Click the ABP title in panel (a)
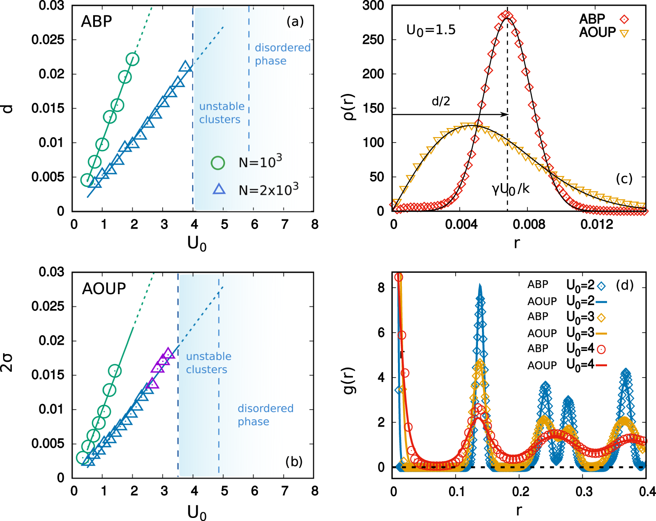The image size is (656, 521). pyautogui.click(x=97, y=21)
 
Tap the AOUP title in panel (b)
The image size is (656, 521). pyautogui.click(x=104, y=288)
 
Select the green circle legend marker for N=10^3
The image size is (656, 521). pyautogui.click(x=218, y=163)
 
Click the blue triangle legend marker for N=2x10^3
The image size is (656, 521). pyautogui.click(x=219, y=189)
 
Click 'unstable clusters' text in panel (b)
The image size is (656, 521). pyautogui.click(x=208, y=363)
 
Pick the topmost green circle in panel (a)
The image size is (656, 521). pyautogui.click(x=133, y=59)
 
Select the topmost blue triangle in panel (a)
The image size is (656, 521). pyautogui.click(x=185, y=67)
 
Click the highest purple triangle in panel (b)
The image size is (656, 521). pyautogui.click(x=168, y=354)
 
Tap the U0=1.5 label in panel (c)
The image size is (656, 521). pyautogui.click(x=431, y=30)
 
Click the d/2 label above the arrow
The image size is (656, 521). pyautogui.click(x=440, y=101)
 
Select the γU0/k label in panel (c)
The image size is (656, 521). pyautogui.click(x=510, y=189)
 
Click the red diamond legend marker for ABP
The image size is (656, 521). pyautogui.click(x=624, y=19)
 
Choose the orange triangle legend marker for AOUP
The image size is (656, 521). pyautogui.click(x=624, y=33)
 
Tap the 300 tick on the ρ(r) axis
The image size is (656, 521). pyautogui.click(x=373, y=6)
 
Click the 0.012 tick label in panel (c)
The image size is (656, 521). pyautogui.click(x=597, y=225)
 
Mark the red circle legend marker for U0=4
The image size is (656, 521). pyautogui.click(x=602, y=349)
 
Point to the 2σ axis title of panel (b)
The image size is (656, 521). pyautogui.click(x=7, y=363)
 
